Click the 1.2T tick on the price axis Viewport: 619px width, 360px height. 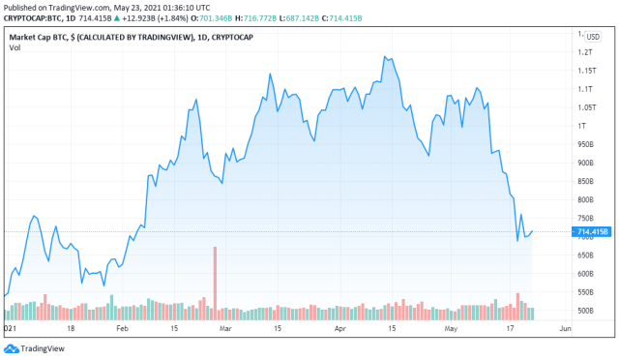coord(584,52)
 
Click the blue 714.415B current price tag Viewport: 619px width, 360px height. coord(591,232)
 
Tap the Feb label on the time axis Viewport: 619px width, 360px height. coord(123,329)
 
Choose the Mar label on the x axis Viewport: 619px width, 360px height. coord(225,329)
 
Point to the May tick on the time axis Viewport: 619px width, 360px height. coord(448,329)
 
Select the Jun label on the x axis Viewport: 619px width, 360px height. coord(566,329)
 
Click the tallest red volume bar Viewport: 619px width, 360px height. coord(215,281)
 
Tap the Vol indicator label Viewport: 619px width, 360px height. coord(15,47)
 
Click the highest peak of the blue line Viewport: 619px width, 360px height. coord(385,56)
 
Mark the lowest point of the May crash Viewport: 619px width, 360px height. coord(517,240)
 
